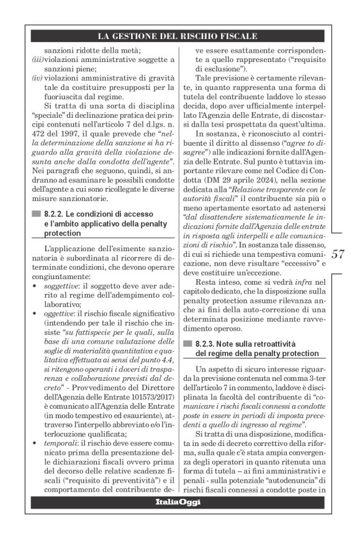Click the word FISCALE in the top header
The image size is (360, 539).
coord(239,36)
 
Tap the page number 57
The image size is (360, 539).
coord(338,254)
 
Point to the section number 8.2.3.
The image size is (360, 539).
coord(206,343)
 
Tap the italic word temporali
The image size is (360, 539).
coord(59,445)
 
